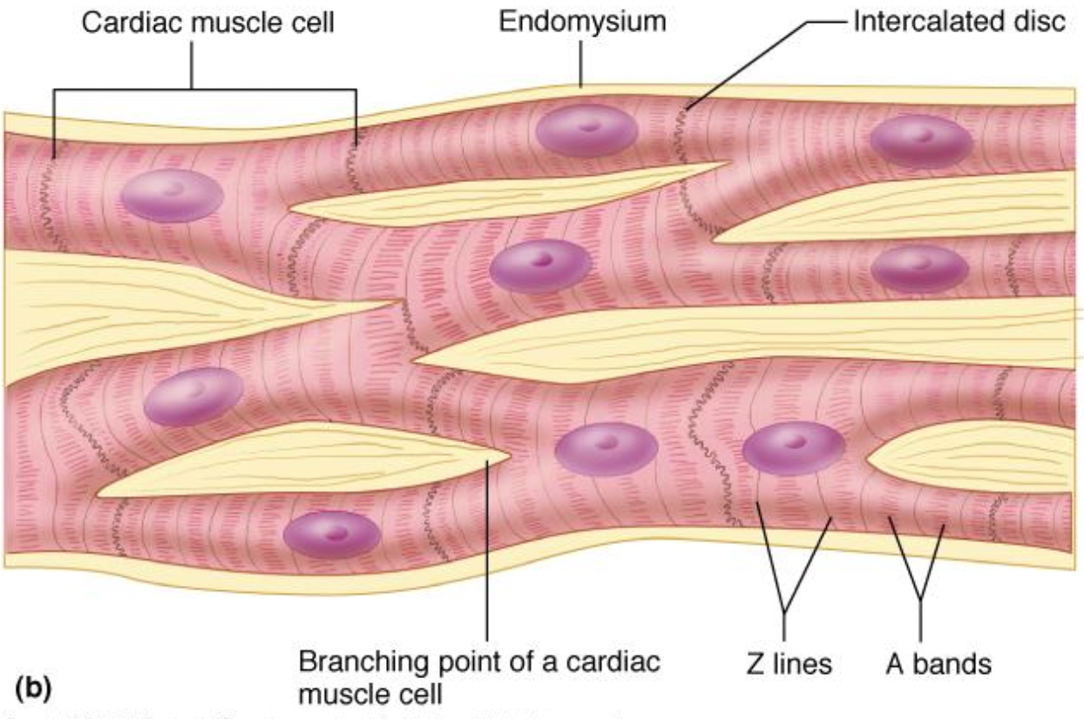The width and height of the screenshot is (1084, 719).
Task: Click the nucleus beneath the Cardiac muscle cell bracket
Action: pyautogui.click(x=172, y=195)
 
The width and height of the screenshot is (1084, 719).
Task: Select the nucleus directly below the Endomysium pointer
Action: pyautogui.click(x=586, y=131)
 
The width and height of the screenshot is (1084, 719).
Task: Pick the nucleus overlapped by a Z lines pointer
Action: pyautogui.click(x=793, y=448)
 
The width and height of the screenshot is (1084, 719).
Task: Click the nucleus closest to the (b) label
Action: pyautogui.click(x=331, y=534)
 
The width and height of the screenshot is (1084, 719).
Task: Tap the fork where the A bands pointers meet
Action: pyautogui.click(x=921, y=599)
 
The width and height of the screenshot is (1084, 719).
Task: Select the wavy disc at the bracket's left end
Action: pyautogui.click(x=52, y=174)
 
